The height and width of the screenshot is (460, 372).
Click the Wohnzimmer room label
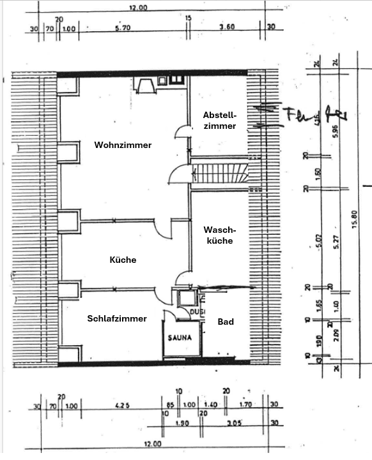pyautogui.click(x=123, y=145)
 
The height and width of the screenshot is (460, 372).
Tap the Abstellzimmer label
pyautogui.click(x=220, y=121)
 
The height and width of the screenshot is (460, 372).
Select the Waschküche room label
pyautogui.click(x=218, y=235)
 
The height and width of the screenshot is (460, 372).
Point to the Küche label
pyautogui.click(x=123, y=260)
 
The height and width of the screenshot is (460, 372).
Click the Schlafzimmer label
pyautogui.click(x=117, y=318)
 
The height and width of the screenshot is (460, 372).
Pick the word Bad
pyautogui.click(x=225, y=322)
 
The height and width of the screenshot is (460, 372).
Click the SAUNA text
pyautogui.click(x=180, y=338)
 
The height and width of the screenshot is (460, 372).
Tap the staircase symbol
pyautogui.click(x=220, y=173)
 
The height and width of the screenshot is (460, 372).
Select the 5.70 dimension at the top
pyautogui.click(x=123, y=29)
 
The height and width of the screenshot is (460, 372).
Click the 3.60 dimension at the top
pyautogui.click(x=228, y=29)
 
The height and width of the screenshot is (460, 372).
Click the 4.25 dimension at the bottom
pyautogui.click(x=123, y=404)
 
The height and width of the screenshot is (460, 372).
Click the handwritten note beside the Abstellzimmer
pyautogui.click(x=300, y=115)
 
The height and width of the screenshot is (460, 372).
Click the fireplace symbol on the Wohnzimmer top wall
pyautogui.click(x=144, y=83)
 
